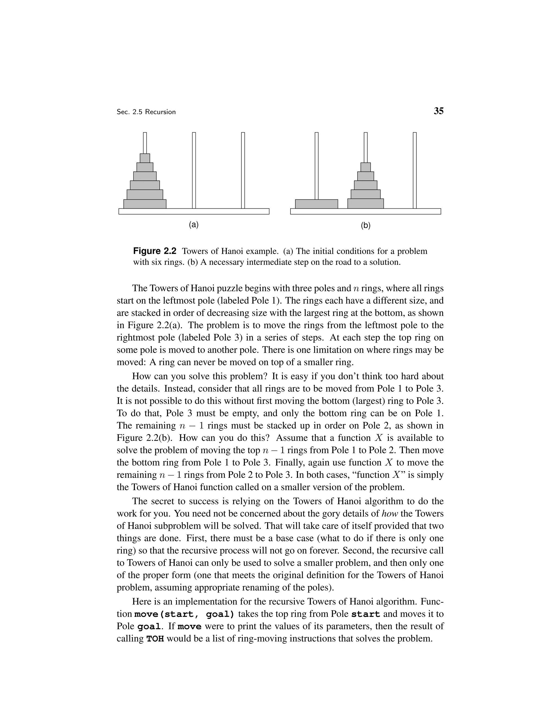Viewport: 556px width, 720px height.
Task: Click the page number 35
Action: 438,111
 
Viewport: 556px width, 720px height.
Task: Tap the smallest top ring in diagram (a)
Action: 145,158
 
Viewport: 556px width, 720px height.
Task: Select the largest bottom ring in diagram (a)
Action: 145,204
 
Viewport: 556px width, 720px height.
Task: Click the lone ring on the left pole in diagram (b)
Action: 316,204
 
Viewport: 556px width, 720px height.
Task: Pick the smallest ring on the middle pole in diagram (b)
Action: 365,167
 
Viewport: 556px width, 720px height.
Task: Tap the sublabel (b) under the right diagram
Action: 365,226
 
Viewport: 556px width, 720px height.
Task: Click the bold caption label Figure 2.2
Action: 155,251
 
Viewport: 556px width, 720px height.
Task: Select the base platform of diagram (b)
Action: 365,211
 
